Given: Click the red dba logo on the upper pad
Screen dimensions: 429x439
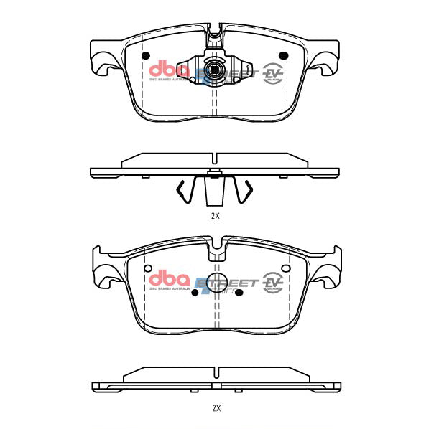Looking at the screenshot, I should [x=169, y=71].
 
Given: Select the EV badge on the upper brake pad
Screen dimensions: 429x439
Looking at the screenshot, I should [x=272, y=73].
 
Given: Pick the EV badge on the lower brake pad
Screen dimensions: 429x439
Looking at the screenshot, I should [x=272, y=282].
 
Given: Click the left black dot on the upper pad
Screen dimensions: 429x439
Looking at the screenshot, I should [x=146, y=57].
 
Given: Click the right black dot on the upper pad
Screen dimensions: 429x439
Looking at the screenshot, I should [x=282, y=57].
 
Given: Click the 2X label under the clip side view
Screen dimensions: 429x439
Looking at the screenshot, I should [x=215, y=215].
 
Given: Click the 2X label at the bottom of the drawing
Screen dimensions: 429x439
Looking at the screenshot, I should [x=215, y=407].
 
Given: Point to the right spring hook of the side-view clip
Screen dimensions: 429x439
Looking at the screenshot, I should [x=246, y=190].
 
